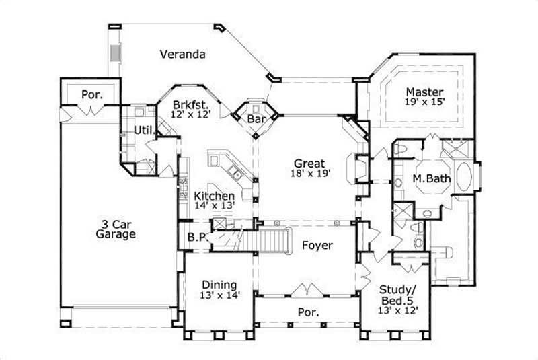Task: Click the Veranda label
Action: [182, 53]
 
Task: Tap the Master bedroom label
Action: [424, 92]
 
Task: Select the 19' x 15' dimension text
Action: [424, 102]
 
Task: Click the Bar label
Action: [256, 119]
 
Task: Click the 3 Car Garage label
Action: [115, 229]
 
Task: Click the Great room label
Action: [309, 164]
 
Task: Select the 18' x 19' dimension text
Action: [309, 174]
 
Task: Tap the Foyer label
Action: [316, 246]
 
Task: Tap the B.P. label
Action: [196, 237]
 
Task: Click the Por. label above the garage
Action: [92, 94]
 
